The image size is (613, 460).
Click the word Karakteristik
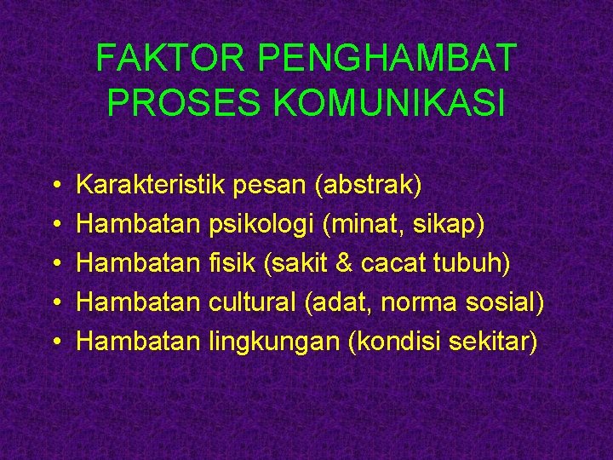(151, 184)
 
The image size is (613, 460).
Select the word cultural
(252, 302)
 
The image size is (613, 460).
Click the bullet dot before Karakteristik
(54, 185)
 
